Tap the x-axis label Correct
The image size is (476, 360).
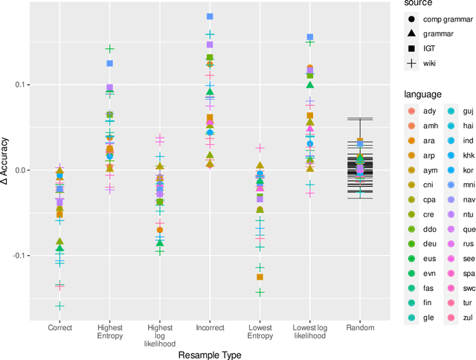59,327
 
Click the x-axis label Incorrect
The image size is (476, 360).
210,327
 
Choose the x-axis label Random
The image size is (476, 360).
359,327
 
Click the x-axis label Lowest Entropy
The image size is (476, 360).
260,332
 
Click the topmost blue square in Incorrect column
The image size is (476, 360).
210,16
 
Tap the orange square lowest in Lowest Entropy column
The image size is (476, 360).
260,277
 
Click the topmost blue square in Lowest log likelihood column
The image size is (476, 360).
310,36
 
